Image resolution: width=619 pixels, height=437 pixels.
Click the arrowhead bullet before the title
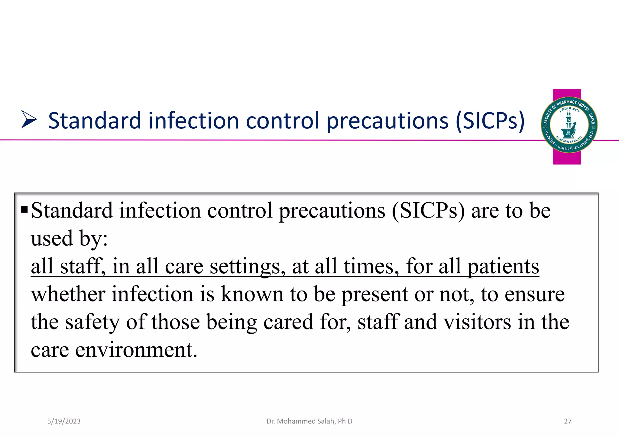click(29, 120)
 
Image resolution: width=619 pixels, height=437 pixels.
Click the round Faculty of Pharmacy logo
click(569, 125)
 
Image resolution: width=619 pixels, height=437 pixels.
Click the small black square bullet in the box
click(24, 209)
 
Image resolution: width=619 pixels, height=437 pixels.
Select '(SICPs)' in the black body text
click(428, 210)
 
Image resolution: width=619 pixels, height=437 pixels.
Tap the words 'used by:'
click(69, 239)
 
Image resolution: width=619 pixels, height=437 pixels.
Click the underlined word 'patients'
click(503, 266)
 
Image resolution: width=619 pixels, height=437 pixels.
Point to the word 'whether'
click(68, 294)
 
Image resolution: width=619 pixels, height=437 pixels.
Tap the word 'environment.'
click(136, 350)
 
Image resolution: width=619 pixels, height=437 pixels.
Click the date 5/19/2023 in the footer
click(64, 421)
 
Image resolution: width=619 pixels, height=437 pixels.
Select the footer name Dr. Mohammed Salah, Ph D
click(309, 421)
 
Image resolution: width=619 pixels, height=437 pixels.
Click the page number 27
click(568, 421)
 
